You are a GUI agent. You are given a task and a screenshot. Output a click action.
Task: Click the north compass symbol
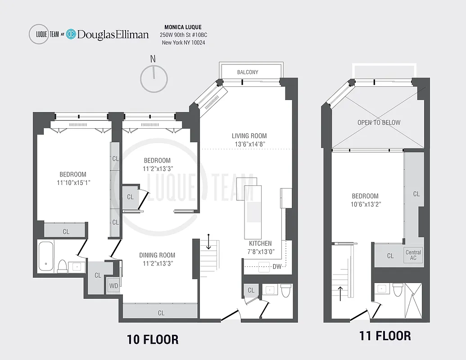[154, 78]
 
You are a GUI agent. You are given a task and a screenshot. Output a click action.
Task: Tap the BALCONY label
[248, 72]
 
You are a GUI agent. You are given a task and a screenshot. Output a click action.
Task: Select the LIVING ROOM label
[249, 135]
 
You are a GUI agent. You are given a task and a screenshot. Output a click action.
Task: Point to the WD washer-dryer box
[113, 286]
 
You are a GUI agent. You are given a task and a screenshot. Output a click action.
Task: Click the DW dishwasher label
[277, 266]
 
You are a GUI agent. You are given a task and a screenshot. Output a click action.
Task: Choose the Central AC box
[413, 255]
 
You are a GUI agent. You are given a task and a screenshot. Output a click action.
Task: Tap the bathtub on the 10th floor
[46, 257]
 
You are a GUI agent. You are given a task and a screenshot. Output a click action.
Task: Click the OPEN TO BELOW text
[379, 122]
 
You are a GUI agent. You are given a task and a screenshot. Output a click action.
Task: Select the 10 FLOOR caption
[153, 339]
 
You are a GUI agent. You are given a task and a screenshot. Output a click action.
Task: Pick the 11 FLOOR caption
[385, 336]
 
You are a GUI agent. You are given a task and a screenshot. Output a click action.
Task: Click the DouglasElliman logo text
[113, 35]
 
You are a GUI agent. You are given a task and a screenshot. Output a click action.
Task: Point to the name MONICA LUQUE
[183, 27]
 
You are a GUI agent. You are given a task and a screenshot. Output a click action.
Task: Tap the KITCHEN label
[260, 243]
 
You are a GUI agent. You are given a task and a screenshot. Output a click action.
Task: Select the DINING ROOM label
[157, 255]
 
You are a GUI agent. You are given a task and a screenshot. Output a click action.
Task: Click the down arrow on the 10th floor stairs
[209, 241]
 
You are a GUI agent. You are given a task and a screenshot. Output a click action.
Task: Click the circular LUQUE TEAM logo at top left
[39, 34]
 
